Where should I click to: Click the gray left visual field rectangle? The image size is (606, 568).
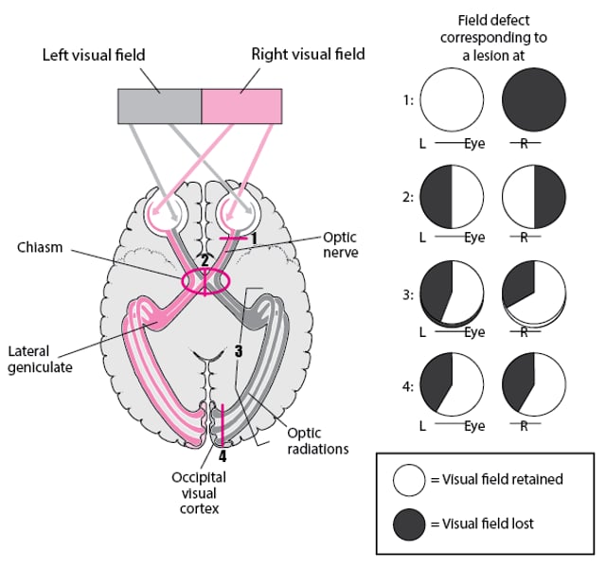click(x=159, y=106)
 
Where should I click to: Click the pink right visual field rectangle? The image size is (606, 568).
click(x=241, y=106)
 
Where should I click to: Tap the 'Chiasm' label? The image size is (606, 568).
click(x=40, y=247)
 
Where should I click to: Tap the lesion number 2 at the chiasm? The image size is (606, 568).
click(x=204, y=260)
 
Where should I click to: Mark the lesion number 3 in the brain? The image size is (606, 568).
click(x=239, y=351)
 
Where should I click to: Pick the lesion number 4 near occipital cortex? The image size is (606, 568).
click(x=223, y=454)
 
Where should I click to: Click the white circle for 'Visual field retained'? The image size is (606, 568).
click(x=409, y=479)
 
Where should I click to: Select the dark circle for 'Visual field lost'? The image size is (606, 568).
click(x=409, y=523)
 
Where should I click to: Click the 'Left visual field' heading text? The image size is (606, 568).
click(x=94, y=55)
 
